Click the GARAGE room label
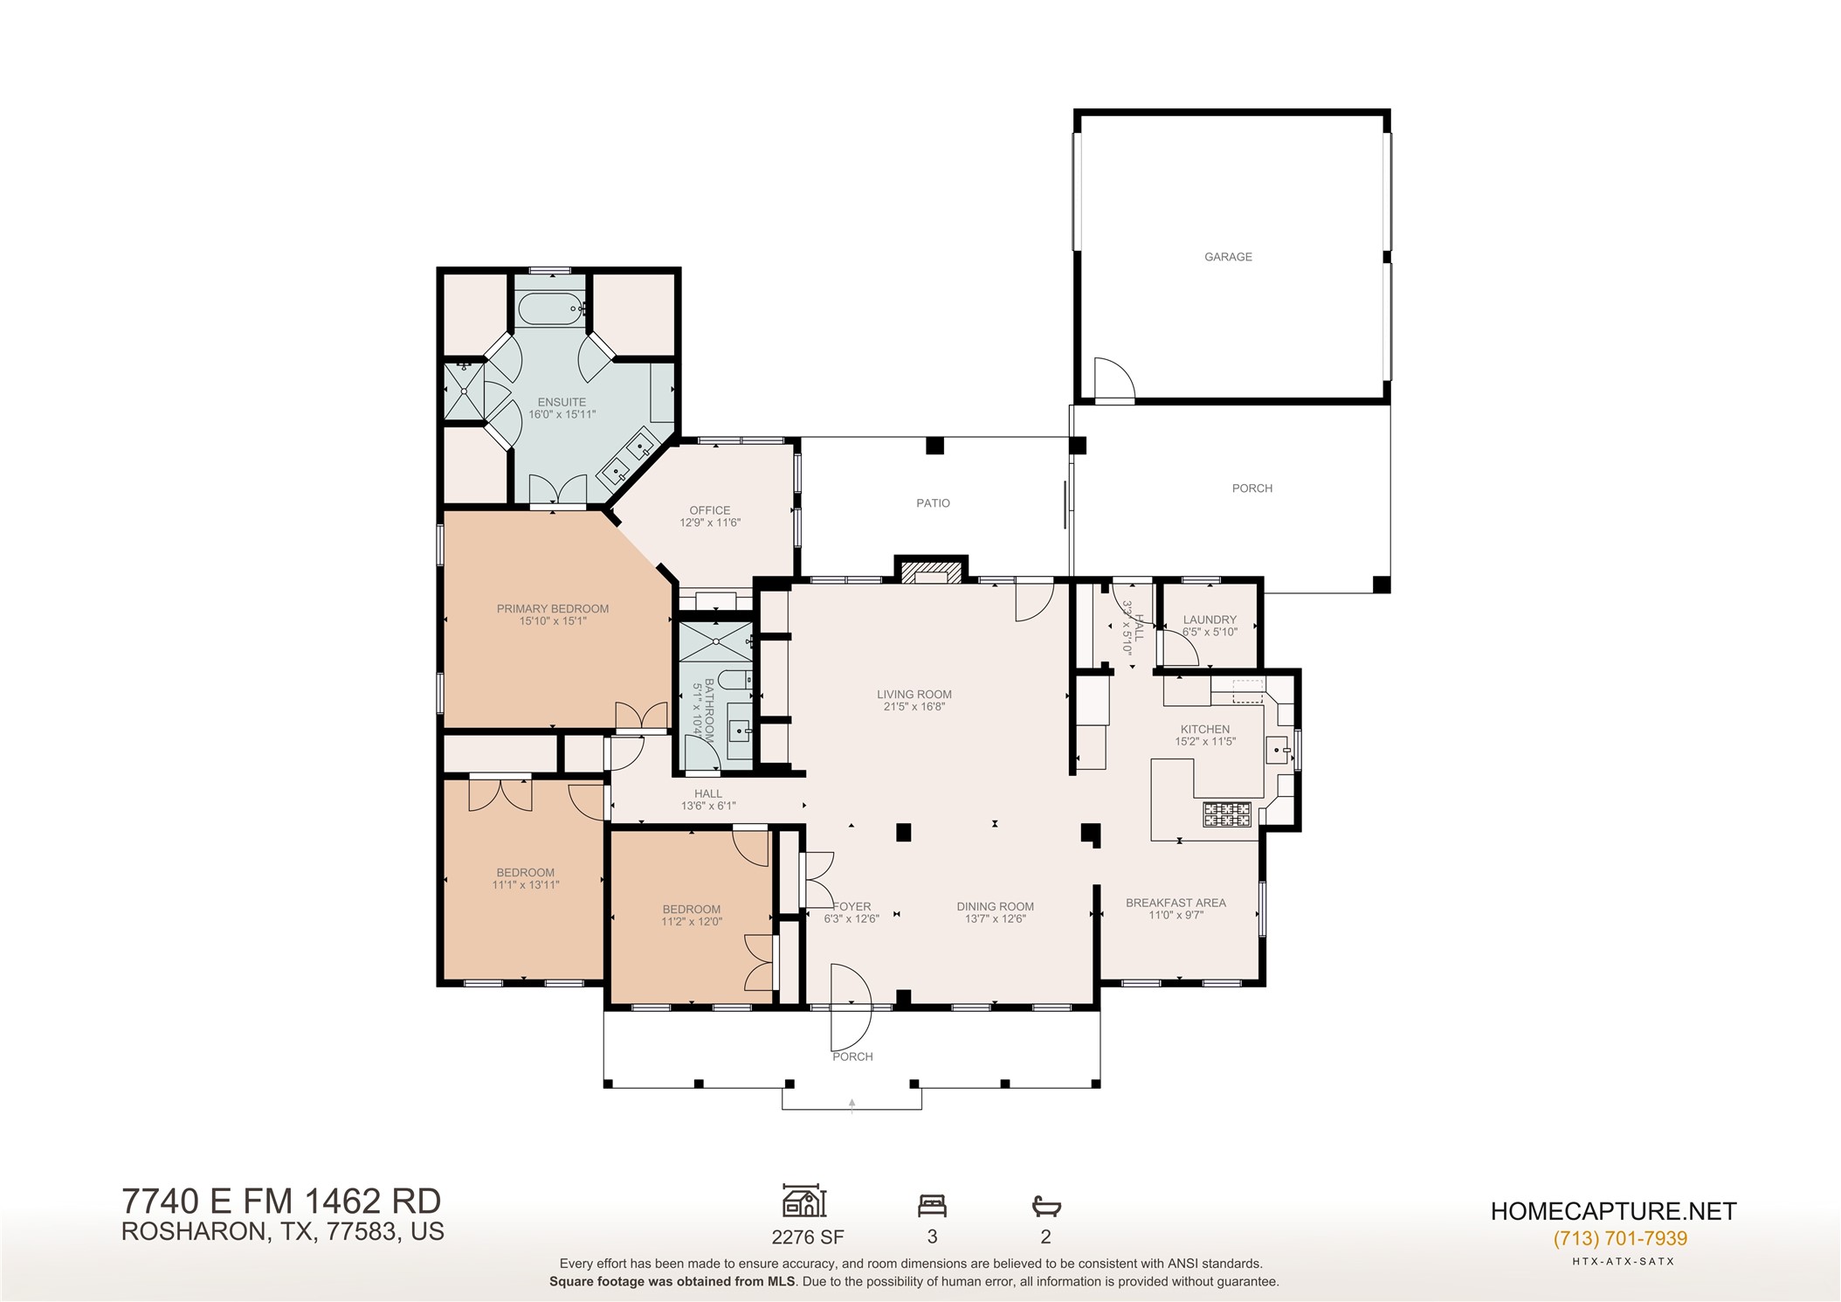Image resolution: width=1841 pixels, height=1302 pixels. point(1228,257)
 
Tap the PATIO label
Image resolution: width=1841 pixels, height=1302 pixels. point(933,503)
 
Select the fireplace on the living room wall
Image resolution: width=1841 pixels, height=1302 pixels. point(931,571)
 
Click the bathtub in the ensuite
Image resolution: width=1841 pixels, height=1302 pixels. point(550,309)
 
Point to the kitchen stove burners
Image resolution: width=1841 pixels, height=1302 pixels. point(1227,814)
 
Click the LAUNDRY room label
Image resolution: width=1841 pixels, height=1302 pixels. point(1210,620)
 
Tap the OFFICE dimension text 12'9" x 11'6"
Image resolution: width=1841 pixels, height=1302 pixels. point(710,523)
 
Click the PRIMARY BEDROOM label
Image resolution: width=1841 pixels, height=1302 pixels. point(553,609)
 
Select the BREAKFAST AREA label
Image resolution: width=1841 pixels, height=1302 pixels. point(1176,903)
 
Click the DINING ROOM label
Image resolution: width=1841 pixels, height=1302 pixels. point(995,907)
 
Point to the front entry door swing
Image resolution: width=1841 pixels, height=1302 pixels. point(851,1008)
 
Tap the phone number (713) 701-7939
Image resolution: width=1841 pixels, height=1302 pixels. point(1620,1238)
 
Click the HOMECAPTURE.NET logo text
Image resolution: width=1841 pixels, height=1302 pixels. point(1613,1211)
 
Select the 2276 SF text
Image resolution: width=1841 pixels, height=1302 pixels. point(808,1236)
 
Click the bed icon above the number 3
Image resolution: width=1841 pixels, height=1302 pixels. point(932,1206)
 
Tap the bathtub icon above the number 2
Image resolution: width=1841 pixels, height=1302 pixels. point(1046,1207)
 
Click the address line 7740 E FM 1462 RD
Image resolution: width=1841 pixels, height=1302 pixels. point(281,1202)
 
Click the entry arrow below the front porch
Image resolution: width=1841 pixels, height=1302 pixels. point(852,1106)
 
